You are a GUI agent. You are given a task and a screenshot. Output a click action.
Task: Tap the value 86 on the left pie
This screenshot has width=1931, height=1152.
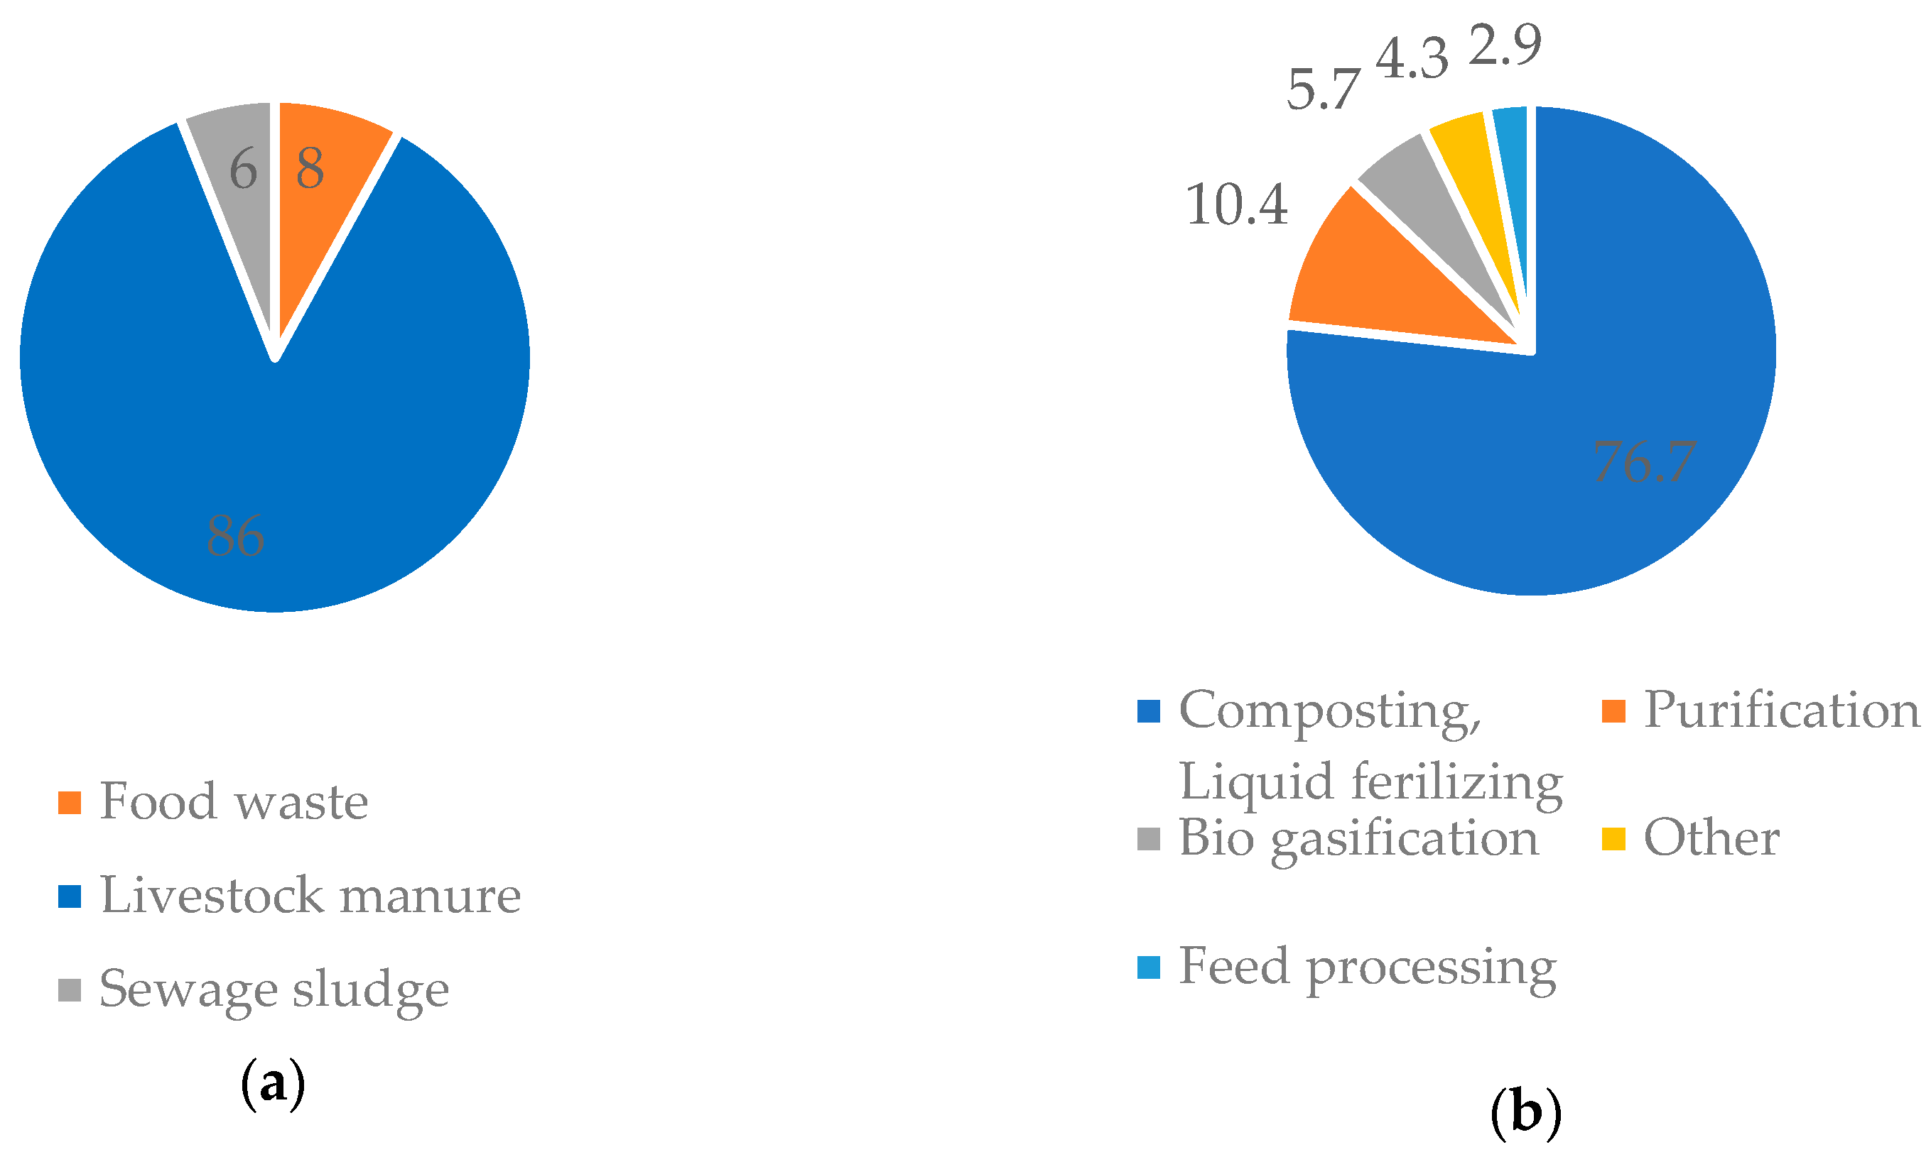pos(235,536)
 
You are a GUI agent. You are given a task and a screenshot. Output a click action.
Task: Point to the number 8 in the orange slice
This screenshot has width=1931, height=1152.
pos(310,168)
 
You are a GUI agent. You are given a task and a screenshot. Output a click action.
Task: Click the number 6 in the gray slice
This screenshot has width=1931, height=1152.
pos(243,169)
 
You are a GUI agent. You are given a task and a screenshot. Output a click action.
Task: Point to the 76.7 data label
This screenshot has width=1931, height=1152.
pos(1645,462)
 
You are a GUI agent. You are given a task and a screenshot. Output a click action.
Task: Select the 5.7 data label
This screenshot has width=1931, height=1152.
pos(1323,89)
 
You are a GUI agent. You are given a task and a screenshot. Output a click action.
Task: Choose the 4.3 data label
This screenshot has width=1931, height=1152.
pos(1412,59)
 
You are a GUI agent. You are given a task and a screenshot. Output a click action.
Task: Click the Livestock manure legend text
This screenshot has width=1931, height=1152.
pos(310,895)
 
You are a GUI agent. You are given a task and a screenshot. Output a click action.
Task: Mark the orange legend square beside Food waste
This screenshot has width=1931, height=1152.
pos(70,803)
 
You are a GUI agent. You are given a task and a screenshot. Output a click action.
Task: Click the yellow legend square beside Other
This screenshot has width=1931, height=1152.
pos(1613,839)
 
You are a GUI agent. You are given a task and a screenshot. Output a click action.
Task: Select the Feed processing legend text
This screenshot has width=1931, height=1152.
pos(1367,967)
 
